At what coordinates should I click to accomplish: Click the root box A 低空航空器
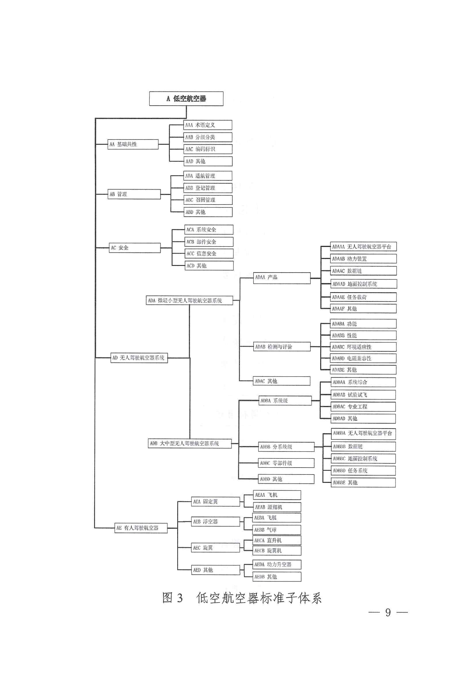pos(186,98)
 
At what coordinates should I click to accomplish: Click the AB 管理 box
pos(134,194)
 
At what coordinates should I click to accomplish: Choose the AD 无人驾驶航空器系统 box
pos(139,358)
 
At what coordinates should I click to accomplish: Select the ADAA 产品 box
pos(282,278)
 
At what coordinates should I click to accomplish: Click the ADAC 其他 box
pos(282,381)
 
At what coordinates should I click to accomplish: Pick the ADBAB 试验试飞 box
pos(363,395)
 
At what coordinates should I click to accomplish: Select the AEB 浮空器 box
pos(215,521)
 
